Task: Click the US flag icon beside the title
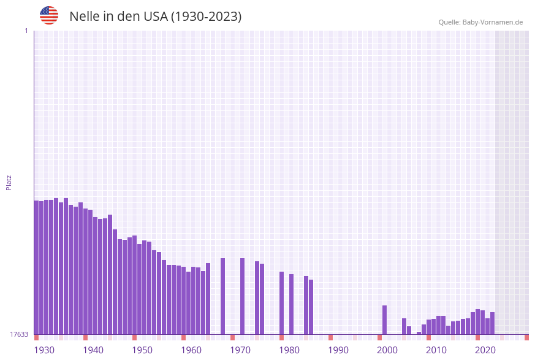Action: (49, 15)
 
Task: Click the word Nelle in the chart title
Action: (84, 17)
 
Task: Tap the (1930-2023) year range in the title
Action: (206, 17)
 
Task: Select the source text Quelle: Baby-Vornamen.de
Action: (480, 22)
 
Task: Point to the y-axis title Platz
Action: (9, 182)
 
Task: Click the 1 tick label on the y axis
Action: (26, 31)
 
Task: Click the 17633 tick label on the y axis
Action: (19, 334)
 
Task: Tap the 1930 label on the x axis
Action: (44, 350)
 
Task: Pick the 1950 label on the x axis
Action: (142, 350)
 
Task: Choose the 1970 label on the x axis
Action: (240, 350)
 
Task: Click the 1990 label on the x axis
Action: (338, 350)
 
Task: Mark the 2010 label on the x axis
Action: (436, 350)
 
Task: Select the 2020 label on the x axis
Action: (485, 350)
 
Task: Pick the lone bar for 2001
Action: (385, 320)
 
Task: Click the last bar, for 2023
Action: (493, 323)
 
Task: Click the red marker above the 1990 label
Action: (331, 337)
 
